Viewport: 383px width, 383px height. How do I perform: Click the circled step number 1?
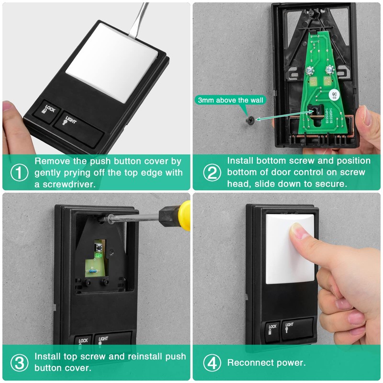[19, 173]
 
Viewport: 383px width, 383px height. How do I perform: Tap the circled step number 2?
[212, 173]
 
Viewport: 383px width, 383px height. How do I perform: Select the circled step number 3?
[19, 362]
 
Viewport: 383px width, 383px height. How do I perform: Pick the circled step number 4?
[212, 362]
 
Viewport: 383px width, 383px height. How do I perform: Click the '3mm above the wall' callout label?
[228, 100]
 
